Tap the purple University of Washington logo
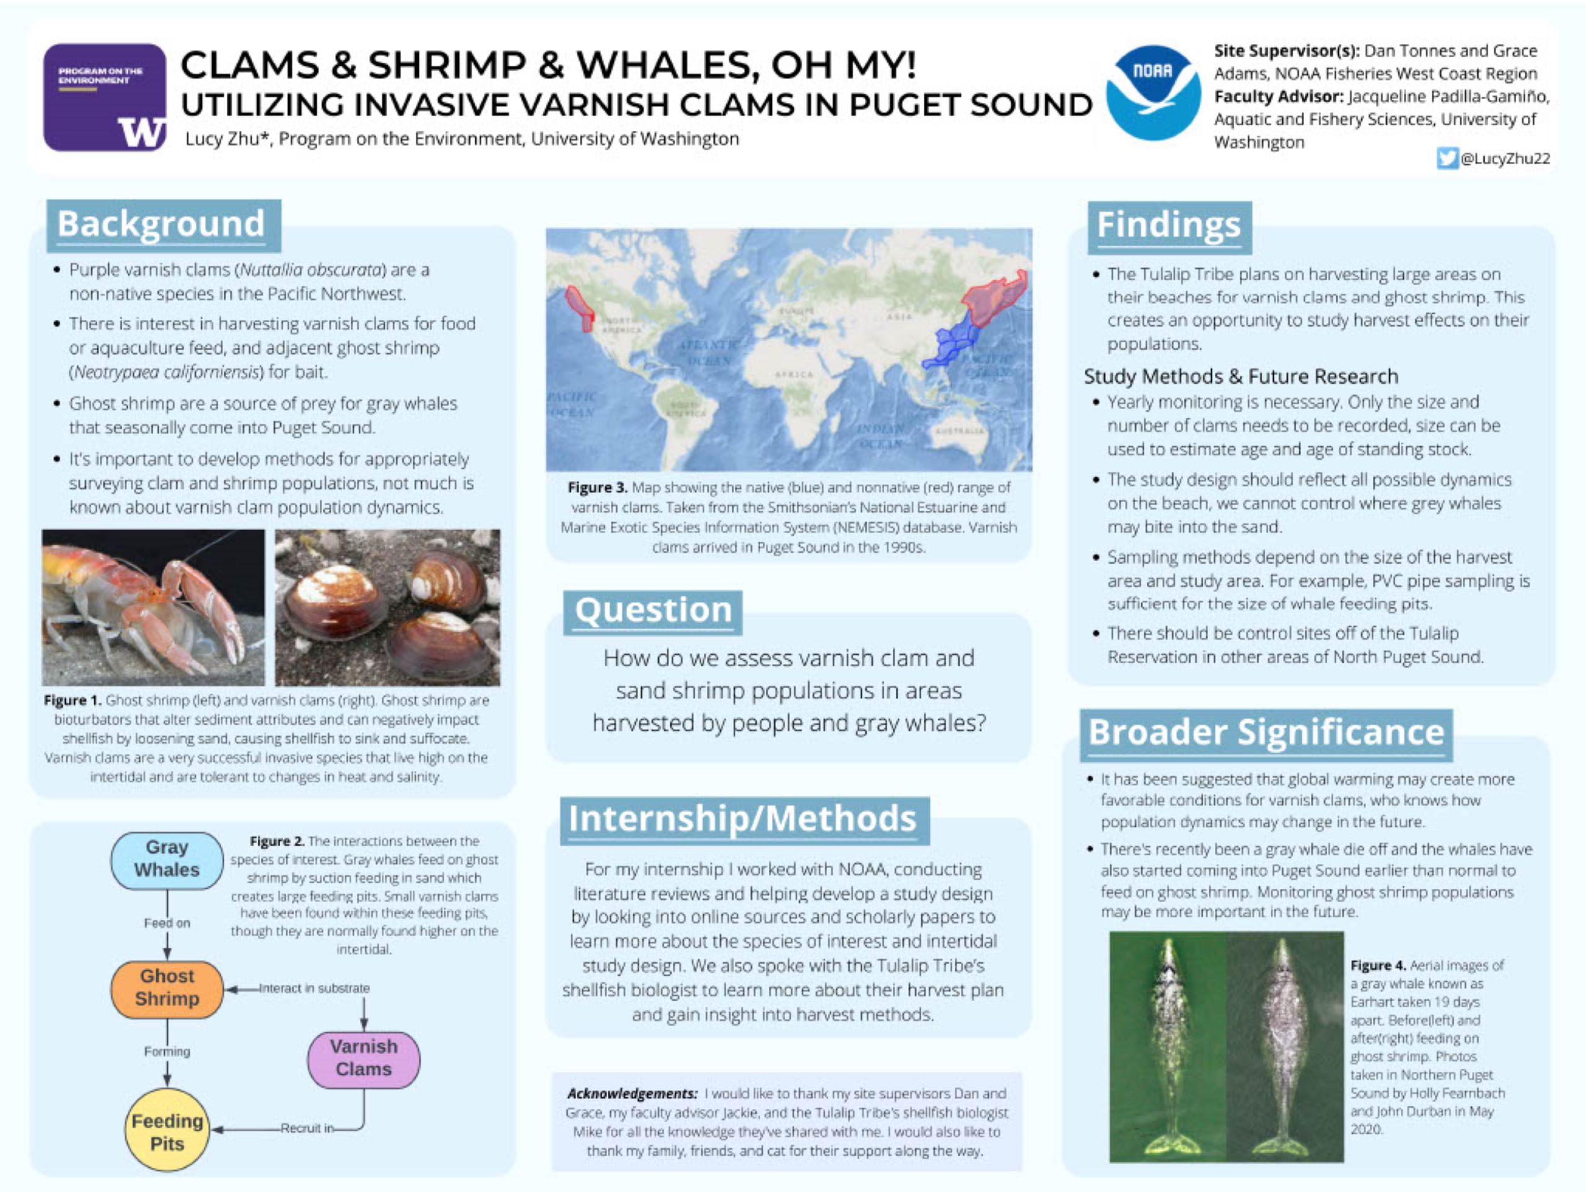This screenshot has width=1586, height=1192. click(105, 97)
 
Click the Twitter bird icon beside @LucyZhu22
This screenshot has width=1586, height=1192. click(1447, 159)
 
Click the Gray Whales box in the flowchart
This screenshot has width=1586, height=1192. click(167, 860)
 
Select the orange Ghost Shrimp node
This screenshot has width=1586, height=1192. click(167, 989)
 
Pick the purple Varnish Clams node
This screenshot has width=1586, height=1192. click(364, 1059)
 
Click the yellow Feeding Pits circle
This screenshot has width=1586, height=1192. click(167, 1132)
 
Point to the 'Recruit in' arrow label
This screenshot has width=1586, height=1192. click(307, 1128)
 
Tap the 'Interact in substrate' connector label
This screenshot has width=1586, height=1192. click(314, 988)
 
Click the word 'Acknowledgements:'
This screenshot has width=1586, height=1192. click(632, 1093)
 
